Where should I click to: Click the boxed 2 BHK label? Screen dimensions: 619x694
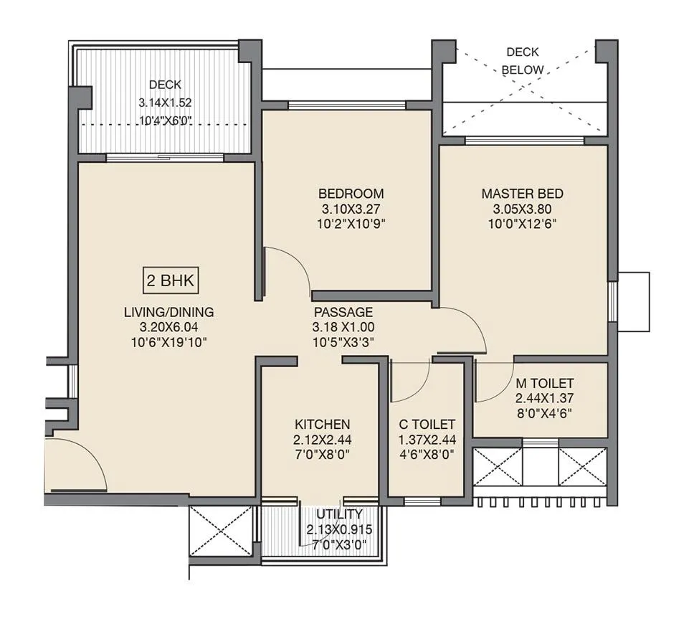pos(170,281)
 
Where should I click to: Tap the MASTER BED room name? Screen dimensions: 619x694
pos(522,194)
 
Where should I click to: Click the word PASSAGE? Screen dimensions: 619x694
pos(343,312)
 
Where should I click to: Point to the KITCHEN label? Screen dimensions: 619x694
pos(322,424)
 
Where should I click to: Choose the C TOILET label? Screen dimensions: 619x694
pos(427,424)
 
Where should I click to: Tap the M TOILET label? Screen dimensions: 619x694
pos(544,383)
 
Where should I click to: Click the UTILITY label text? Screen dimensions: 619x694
pos(335,514)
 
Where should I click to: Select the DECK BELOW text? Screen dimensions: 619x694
pos(523,61)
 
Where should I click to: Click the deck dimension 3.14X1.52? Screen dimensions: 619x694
pos(165,103)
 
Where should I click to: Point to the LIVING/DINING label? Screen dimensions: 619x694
pos(169,312)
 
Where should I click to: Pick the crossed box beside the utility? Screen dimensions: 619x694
pos(220,531)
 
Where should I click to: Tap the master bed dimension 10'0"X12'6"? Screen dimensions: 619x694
pos(522,223)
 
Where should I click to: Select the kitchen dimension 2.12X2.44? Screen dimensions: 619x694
pos(322,439)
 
